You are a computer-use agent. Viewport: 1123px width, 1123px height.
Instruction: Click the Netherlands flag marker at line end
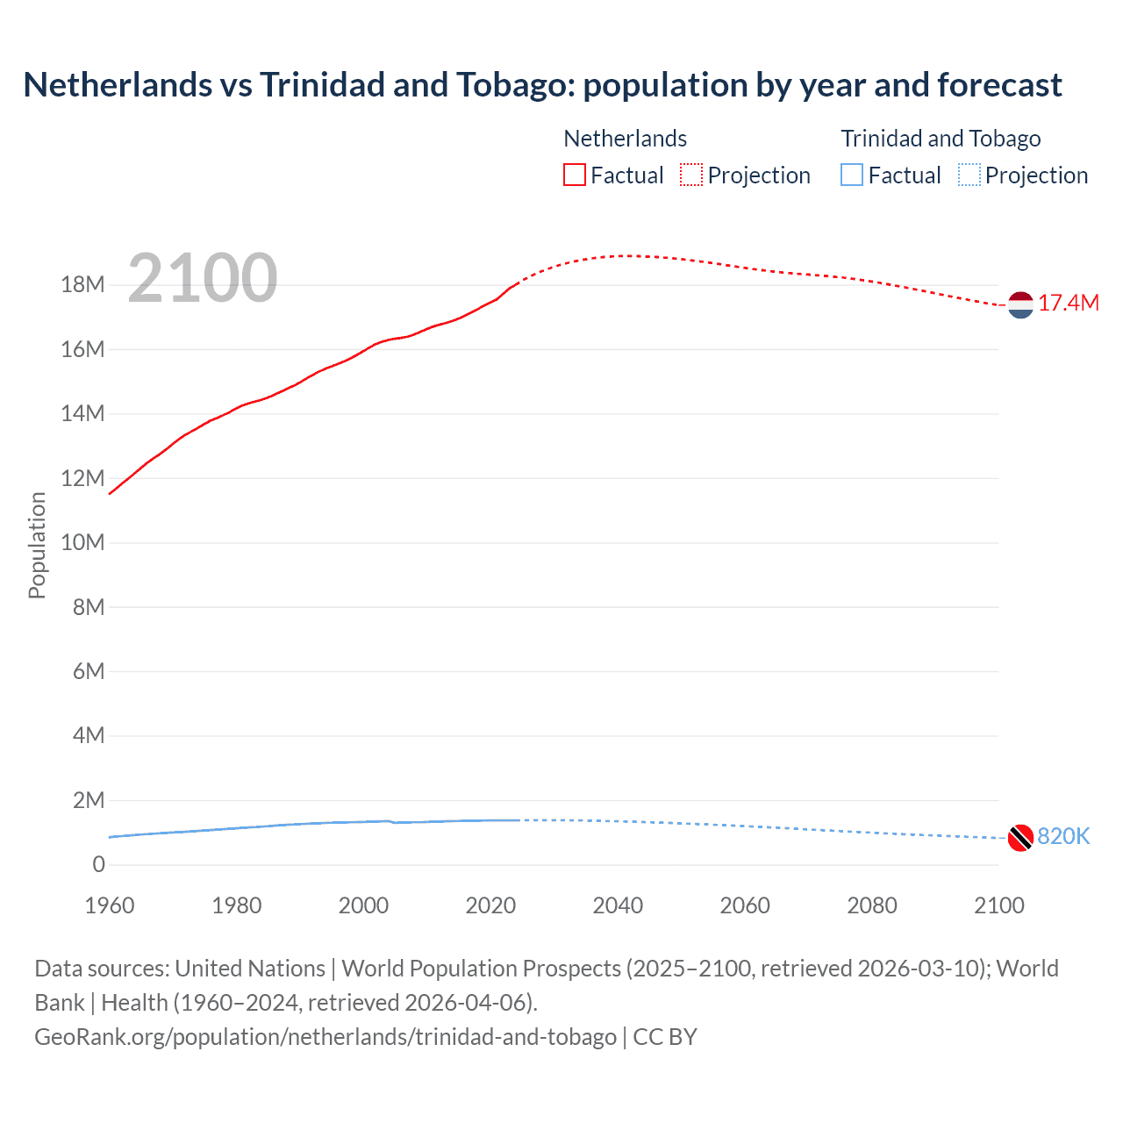pyautogui.click(x=1020, y=304)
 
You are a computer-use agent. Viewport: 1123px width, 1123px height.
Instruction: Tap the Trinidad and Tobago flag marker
pyautogui.click(x=1020, y=838)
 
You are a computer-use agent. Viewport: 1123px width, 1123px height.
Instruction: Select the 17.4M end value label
pyautogui.click(x=1068, y=304)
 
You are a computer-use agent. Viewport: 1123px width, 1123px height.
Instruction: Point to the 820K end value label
pyautogui.click(x=1063, y=837)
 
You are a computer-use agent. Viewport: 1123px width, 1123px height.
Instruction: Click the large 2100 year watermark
pyautogui.click(x=203, y=278)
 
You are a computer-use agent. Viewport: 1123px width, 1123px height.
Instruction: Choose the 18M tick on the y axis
pyautogui.click(x=83, y=285)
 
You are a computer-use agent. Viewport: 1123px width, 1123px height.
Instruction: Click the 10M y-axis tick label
pyautogui.click(x=83, y=542)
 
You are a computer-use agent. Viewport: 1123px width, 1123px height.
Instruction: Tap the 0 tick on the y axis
pyautogui.click(x=98, y=864)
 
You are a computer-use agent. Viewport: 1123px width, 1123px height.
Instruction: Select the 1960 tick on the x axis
pyautogui.click(x=110, y=905)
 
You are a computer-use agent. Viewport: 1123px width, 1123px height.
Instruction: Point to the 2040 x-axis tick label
pyautogui.click(x=618, y=905)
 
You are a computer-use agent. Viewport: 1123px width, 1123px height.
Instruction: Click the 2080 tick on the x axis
pyautogui.click(x=872, y=905)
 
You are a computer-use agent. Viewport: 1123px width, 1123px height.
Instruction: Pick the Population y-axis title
pyautogui.click(x=37, y=545)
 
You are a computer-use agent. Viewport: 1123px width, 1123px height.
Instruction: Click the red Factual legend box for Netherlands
pyautogui.click(x=575, y=175)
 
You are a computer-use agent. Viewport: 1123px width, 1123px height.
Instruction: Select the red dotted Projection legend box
pyautogui.click(x=691, y=175)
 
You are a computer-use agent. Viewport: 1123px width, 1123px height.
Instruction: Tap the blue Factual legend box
pyautogui.click(x=852, y=175)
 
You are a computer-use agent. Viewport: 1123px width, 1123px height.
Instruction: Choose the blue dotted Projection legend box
pyautogui.click(x=969, y=175)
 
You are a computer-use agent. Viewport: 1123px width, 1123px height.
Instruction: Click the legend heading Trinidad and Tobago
pyautogui.click(x=941, y=139)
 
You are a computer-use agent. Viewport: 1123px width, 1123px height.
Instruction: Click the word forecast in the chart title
pyautogui.click(x=999, y=85)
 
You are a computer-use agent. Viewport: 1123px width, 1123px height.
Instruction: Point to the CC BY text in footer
pyautogui.click(x=665, y=1037)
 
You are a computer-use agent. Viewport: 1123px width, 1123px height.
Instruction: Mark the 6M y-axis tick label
pyautogui.click(x=89, y=671)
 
